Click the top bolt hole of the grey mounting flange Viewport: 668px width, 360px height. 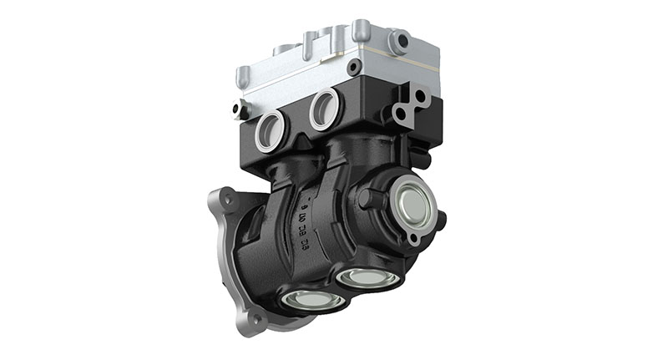coord(224,197)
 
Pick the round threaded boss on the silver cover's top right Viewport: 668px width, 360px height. coord(399,40)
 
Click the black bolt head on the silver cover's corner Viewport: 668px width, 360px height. coord(355,66)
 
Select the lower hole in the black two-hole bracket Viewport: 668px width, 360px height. coord(404,114)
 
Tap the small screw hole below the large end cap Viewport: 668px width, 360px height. coord(412,239)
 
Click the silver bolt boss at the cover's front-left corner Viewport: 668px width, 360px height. coord(242,78)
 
